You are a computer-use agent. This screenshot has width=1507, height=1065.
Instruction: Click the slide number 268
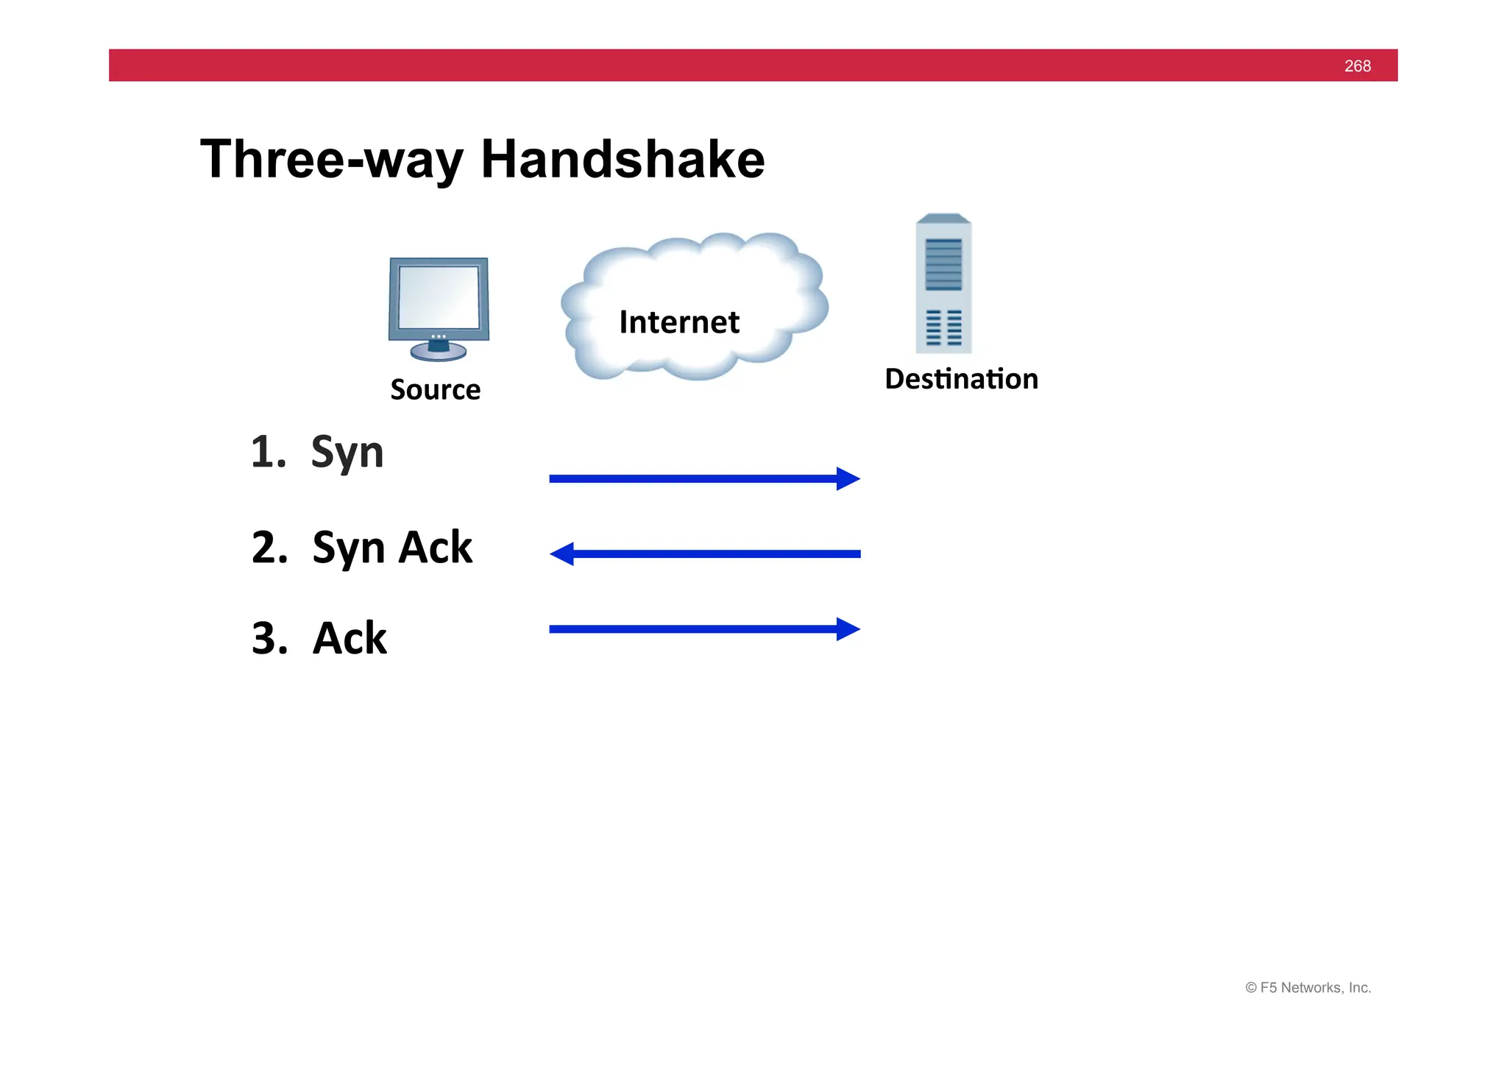(x=1357, y=66)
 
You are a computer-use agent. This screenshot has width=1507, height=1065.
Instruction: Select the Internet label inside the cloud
(x=678, y=322)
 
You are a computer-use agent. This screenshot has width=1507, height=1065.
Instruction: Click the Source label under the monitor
(x=435, y=389)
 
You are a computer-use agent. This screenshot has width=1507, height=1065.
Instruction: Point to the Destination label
(x=961, y=379)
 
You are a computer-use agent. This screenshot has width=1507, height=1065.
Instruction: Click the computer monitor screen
(x=439, y=297)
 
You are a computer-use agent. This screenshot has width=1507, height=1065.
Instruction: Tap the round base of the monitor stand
(x=439, y=353)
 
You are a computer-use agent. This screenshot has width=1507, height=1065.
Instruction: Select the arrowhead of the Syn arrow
(x=848, y=478)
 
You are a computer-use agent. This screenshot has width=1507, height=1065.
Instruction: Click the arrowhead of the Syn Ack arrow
(x=562, y=553)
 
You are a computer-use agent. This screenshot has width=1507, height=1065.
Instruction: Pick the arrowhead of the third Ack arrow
(x=848, y=629)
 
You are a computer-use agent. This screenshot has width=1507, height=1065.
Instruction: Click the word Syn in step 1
(x=347, y=452)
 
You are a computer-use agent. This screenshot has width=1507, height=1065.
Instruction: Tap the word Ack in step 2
(x=436, y=547)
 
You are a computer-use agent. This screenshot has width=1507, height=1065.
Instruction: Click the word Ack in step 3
(x=350, y=637)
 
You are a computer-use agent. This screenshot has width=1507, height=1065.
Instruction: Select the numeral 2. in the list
(x=269, y=548)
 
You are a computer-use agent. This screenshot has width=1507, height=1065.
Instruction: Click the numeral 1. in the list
(x=268, y=452)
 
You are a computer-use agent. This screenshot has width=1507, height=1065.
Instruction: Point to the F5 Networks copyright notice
(x=1308, y=988)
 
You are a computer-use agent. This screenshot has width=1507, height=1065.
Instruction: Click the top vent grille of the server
(x=943, y=263)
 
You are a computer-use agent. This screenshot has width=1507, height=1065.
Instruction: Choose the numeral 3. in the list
(x=269, y=638)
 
